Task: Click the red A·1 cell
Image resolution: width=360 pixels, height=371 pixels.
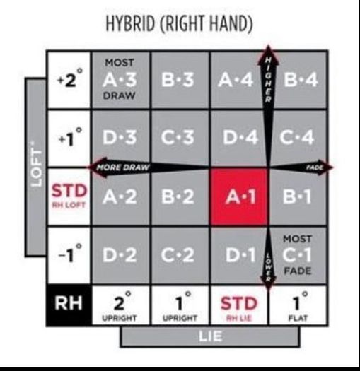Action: (x=239, y=196)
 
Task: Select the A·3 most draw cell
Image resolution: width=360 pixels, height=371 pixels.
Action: (x=120, y=80)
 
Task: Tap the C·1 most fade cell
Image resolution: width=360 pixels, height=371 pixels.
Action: (x=298, y=255)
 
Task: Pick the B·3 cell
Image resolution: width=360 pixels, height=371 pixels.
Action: (x=180, y=80)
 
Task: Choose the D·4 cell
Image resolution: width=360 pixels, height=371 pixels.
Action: (x=239, y=138)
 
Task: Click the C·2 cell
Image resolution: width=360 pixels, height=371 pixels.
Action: (x=180, y=255)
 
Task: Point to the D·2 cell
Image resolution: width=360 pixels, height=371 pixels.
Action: (x=120, y=255)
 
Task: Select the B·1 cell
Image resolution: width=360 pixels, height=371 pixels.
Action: (x=298, y=196)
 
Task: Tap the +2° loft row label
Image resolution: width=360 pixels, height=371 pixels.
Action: (x=69, y=80)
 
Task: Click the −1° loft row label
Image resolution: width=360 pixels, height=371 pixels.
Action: (x=69, y=255)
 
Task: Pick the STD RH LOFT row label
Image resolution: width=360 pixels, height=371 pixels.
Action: (x=69, y=196)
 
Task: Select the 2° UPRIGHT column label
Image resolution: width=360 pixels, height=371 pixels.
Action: (x=120, y=305)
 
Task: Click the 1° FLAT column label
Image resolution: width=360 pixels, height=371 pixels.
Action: (x=298, y=305)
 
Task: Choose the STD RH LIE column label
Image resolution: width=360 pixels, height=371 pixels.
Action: (x=239, y=305)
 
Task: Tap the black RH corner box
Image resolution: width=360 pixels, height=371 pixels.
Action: (x=69, y=305)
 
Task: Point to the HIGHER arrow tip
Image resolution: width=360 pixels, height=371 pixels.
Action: (x=268, y=45)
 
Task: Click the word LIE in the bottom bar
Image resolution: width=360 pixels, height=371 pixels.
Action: (x=211, y=336)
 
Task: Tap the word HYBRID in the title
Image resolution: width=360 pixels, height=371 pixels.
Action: (x=130, y=23)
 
